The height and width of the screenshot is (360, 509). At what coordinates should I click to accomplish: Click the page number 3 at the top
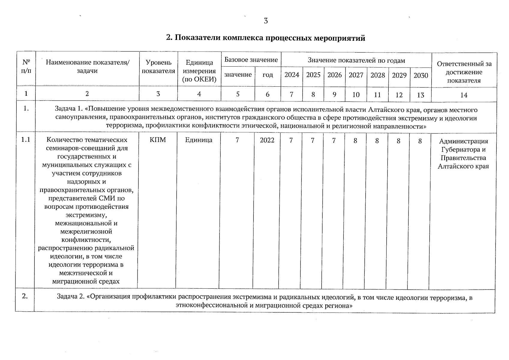point(266,21)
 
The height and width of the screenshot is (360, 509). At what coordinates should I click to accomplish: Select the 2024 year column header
point(292,75)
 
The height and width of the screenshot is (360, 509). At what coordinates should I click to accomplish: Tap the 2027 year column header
point(356,75)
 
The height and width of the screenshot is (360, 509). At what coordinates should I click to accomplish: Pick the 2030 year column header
point(421,75)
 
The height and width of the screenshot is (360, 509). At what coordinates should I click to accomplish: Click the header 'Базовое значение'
point(251,60)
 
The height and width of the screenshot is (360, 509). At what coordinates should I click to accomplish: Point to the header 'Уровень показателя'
point(158,67)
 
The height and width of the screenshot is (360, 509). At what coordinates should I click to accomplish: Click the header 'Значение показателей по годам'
point(356,60)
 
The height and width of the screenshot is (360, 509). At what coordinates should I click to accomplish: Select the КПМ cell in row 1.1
point(158,140)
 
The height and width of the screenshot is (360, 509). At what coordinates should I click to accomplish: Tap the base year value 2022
point(267,140)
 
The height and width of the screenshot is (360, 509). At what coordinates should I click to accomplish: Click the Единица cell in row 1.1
point(199,140)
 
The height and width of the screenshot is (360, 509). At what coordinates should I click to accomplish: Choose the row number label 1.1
point(26,140)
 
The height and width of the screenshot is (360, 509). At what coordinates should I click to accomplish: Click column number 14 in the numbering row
point(464,95)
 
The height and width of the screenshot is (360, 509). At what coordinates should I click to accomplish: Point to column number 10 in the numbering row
point(356,95)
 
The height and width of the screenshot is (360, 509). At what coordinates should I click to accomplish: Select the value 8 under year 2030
point(420,141)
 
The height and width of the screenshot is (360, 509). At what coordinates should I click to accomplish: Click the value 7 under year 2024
point(291,140)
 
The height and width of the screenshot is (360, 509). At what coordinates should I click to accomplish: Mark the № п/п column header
point(26,67)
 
